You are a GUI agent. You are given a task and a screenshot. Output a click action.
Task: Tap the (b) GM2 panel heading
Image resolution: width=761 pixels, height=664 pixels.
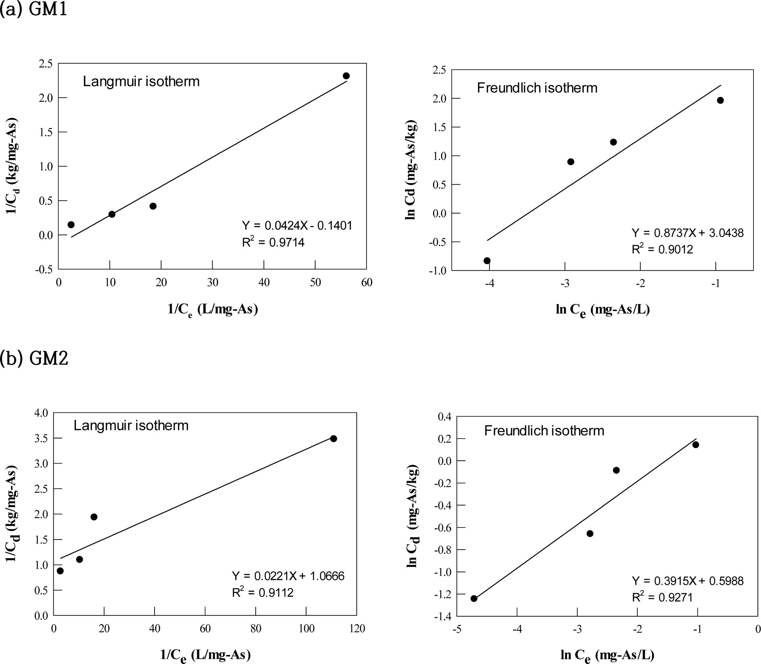pos(34,359)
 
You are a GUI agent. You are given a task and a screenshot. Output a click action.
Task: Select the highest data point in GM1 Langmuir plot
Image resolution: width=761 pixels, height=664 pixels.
pos(346,76)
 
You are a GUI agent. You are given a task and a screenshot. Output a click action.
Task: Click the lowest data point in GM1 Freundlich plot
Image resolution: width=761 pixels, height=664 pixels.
pos(487,260)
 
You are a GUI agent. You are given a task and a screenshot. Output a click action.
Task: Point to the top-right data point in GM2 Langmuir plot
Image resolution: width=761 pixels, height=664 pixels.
pos(333,439)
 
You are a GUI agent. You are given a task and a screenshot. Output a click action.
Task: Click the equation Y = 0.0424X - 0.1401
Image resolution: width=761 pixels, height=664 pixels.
pos(297,225)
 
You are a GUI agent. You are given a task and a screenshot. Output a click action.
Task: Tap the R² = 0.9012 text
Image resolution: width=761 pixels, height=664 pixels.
pos(662,250)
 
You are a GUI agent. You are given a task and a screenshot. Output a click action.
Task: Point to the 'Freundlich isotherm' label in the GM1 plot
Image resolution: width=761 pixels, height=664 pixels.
pos(537,88)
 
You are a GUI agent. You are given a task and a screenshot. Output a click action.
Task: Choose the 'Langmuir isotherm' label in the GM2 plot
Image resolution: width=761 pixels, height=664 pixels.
pos(131,425)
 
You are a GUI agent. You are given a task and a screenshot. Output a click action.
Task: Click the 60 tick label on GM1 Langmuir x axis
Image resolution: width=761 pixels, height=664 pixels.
pos(366,283)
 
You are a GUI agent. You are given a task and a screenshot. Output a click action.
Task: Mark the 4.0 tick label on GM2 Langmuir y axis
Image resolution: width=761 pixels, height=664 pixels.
pos(41,413)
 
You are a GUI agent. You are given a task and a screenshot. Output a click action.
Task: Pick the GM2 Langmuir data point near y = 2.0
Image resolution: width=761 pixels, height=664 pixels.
pos(94,517)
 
